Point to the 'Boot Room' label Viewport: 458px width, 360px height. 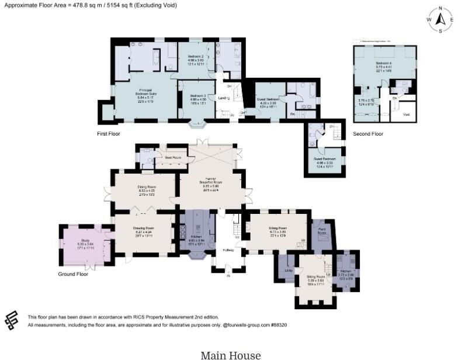click(x=172, y=158)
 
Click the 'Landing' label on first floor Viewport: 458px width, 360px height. click(x=223, y=98)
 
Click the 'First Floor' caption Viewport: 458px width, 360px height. click(x=109, y=134)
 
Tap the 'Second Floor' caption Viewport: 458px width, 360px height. click(x=368, y=134)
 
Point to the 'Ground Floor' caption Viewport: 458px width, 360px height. click(x=73, y=274)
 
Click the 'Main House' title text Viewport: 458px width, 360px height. click(x=231, y=354)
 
